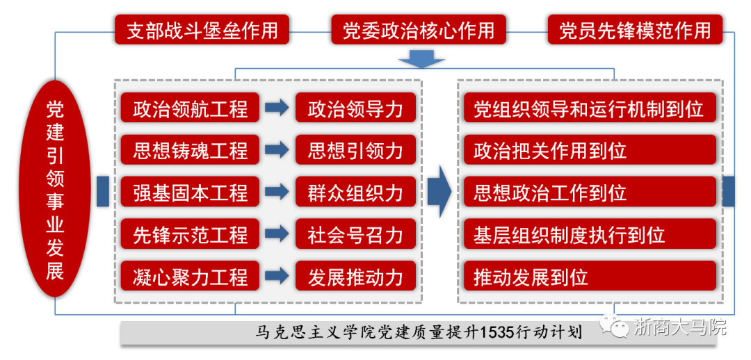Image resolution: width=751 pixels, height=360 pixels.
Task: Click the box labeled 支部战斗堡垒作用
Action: (x=202, y=30)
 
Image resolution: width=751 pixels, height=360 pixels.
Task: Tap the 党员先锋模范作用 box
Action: (x=635, y=30)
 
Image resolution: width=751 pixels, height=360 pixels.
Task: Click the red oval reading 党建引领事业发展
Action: (x=55, y=188)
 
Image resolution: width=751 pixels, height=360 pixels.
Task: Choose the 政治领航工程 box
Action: (x=190, y=108)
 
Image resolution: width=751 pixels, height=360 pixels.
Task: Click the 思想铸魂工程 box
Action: (x=190, y=150)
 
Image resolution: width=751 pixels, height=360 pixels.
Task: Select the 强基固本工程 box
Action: (x=190, y=192)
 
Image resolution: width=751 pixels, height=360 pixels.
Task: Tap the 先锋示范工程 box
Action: (x=190, y=234)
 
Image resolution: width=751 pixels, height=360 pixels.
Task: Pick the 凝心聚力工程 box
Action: (x=190, y=276)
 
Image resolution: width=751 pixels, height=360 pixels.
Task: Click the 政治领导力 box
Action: (x=355, y=108)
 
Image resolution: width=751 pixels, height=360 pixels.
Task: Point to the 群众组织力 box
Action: (x=355, y=192)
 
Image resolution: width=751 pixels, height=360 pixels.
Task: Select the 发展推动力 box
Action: (x=355, y=276)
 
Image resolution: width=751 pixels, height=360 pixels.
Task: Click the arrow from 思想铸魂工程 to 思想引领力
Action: (x=277, y=150)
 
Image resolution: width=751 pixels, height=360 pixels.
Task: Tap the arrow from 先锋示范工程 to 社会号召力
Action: (x=277, y=234)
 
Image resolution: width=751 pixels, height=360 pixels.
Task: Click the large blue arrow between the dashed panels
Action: (x=439, y=192)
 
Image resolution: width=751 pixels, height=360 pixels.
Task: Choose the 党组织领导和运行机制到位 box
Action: (x=588, y=108)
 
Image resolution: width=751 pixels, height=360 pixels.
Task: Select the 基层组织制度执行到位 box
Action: (x=588, y=234)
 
